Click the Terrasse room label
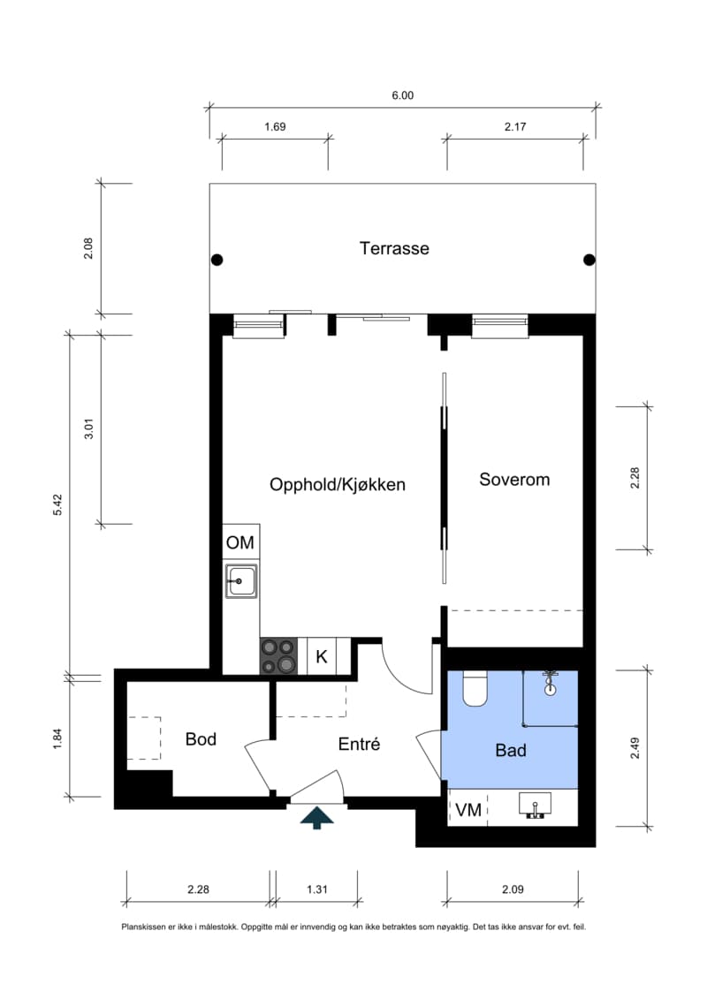[394, 248]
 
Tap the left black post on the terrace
[217, 260]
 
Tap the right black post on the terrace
[589, 260]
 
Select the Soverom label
[514, 480]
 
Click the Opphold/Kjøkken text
[337, 484]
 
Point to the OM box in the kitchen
[239, 542]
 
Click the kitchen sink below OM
[240, 581]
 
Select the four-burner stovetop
[278, 656]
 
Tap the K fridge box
[322, 656]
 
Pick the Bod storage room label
[201, 739]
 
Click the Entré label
[359, 745]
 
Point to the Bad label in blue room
[511, 751]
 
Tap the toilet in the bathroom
[475, 690]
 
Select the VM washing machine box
[468, 810]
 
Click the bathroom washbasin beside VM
[535, 806]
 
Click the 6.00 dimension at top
[402, 95]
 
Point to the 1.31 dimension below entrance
[316, 889]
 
